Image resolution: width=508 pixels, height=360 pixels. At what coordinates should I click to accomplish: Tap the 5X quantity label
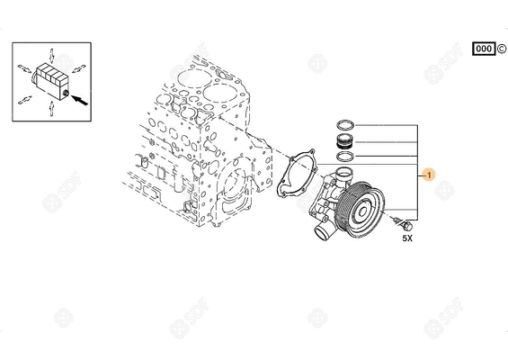point(406,238)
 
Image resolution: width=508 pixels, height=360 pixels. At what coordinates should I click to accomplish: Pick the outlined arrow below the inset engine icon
point(50,109)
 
